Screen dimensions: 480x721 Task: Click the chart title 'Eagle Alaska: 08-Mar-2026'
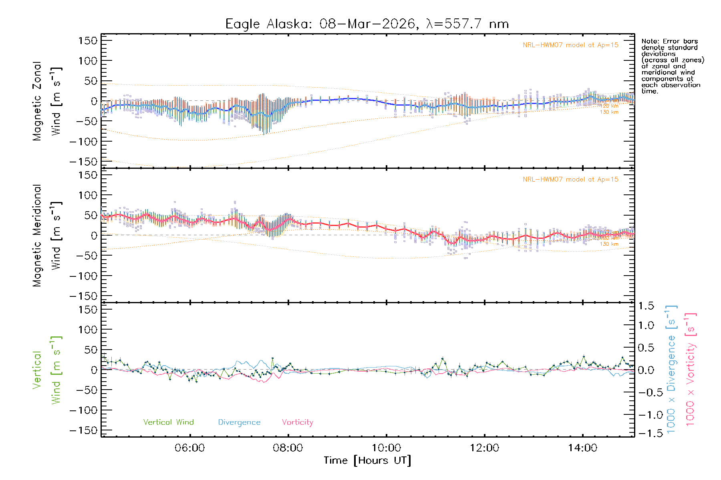(x=367, y=24)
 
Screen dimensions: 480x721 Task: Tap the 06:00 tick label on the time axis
(x=189, y=448)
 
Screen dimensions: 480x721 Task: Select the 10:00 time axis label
(x=386, y=448)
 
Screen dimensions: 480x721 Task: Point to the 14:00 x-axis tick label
(x=582, y=448)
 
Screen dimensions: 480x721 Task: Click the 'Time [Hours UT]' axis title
(x=367, y=460)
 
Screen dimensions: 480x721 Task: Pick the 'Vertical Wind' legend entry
(x=168, y=422)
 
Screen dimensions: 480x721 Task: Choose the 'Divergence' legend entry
(x=239, y=422)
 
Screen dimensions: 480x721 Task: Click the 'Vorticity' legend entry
(x=297, y=422)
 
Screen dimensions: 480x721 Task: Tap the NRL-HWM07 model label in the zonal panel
(x=570, y=45)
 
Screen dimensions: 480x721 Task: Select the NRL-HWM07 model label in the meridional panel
(x=570, y=180)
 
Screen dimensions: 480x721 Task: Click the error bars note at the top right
(x=672, y=66)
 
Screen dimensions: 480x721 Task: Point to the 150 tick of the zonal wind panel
(x=88, y=40)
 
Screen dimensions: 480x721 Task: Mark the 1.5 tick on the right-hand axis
(x=646, y=306)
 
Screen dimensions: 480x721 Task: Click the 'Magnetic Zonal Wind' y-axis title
(x=47, y=101)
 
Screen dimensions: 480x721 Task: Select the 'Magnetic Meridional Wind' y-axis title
(x=47, y=236)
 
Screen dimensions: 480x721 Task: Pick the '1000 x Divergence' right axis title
(x=671, y=369)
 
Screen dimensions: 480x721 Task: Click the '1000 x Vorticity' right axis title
(x=691, y=369)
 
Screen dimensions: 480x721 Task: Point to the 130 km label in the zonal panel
(x=609, y=112)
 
